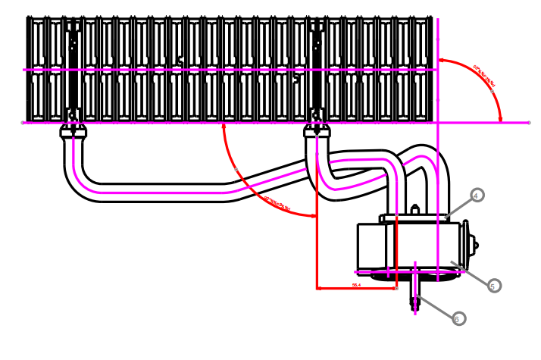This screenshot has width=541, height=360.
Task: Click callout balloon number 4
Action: coord(476,195)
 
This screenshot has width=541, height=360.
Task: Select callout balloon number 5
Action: coord(494,286)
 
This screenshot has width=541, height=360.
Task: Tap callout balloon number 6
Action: coord(457,319)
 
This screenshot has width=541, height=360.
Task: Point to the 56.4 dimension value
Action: coord(356,285)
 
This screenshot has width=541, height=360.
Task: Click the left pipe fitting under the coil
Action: coord(73,132)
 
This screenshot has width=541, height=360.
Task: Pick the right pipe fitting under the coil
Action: coord(317,132)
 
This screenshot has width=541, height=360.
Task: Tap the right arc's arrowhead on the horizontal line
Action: coord(500,117)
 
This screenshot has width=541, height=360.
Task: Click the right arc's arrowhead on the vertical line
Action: coord(442,61)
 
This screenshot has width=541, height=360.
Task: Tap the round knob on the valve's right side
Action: coord(474,244)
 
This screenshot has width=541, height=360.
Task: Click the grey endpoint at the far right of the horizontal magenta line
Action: coord(529,122)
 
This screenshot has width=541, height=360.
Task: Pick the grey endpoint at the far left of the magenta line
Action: coord(22,122)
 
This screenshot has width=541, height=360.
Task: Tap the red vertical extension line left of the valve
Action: coord(316,250)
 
